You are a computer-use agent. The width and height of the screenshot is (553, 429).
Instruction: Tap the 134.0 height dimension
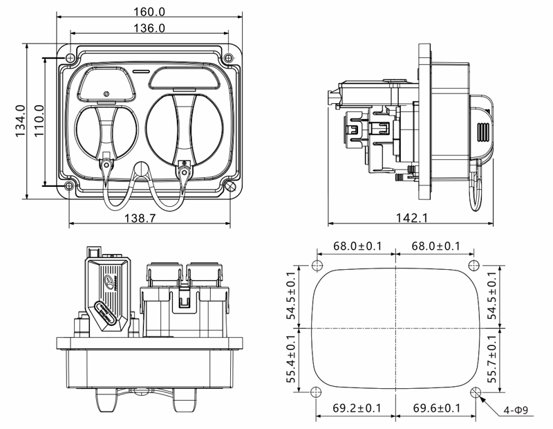click(x=19, y=122)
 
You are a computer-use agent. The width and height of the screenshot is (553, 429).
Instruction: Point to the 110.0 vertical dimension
click(x=38, y=122)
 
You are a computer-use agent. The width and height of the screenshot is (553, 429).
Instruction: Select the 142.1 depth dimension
click(x=412, y=218)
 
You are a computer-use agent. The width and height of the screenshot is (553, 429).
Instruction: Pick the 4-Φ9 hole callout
click(x=518, y=410)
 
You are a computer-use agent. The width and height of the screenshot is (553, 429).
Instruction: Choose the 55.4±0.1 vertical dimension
click(x=293, y=358)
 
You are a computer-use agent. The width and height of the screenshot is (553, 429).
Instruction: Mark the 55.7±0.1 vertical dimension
click(x=492, y=358)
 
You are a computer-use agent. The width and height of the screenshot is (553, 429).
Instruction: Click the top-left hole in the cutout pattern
click(x=317, y=266)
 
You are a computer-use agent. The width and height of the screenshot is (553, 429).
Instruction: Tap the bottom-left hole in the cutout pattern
click(x=317, y=392)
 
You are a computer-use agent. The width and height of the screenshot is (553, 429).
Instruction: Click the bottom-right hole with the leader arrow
click(x=475, y=392)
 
